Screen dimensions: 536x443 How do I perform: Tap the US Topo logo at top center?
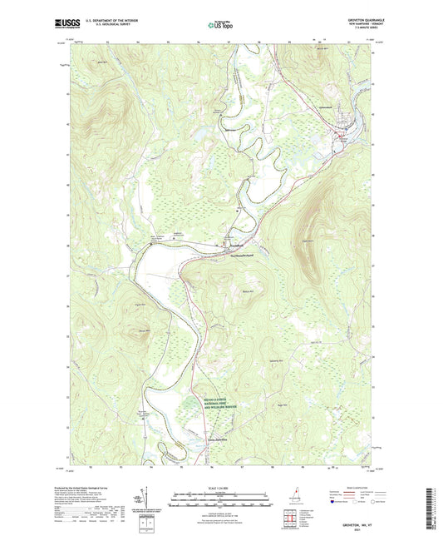(220, 26)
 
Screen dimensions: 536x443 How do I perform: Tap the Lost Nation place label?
(219, 439)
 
